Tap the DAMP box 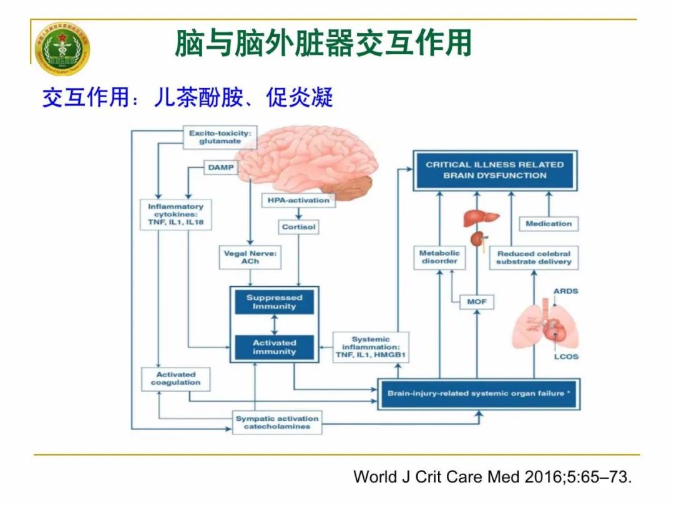[x=220, y=167]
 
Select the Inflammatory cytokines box [x=175, y=214]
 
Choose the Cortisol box [x=299, y=227]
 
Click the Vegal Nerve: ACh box [x=250, y=257]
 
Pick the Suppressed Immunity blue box [x=274, y=302]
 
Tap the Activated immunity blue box [x=274, y=347]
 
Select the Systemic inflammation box [x=370, y=347]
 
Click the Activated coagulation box [x=175, y=378]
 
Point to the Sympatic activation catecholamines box [x=276, y=422]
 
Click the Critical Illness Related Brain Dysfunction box [x=495, y=170]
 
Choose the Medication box [x=549, y=223]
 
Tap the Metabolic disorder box [x=439, y=257]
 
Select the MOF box [x=476, y=302]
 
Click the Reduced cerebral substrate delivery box [x=534, y=257]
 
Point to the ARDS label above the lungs [x=565, y=291]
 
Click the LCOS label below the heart [x=565, y=357]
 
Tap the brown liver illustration [x=481, y=218]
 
